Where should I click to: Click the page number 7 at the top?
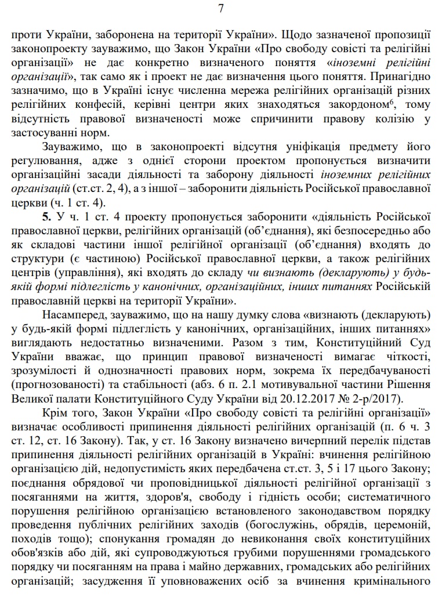pyautogui.click(x=220, y=9)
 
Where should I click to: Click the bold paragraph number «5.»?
pyautogui.click(x=47, y=216)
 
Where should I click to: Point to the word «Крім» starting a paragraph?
pyautogui.click(x=55, y=412)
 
